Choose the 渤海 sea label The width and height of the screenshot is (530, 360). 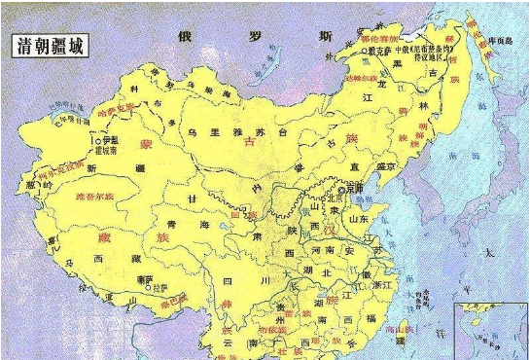click(362, 199)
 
